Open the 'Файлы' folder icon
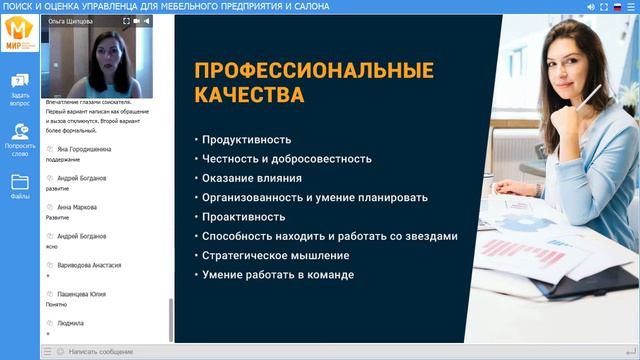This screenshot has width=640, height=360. (x=20, y=185)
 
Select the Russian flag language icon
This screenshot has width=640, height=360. (x=617, y=6)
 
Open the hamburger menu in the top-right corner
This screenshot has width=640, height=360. (x=631, y=6)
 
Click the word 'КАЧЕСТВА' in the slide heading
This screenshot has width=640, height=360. (x=249, y=96)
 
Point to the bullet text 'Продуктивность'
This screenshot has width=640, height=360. (x=246, y=140)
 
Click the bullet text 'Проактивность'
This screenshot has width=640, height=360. (x=243, y=216)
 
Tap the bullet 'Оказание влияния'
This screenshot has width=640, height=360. (x=251, y=178)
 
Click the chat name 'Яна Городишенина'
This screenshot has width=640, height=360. (x=85, y=149)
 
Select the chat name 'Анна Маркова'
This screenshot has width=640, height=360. (x=77, y=207)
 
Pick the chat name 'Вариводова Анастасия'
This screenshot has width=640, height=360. (x=89, y=265)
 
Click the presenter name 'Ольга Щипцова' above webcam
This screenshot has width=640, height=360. (x=72, y=20)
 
